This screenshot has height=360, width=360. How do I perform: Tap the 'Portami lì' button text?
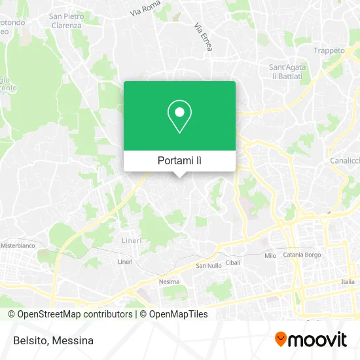(179, 160)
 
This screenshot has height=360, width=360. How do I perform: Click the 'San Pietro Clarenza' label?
(65, 20)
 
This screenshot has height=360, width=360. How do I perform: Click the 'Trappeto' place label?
(329, 50)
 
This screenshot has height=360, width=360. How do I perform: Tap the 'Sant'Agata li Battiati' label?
(289, 71)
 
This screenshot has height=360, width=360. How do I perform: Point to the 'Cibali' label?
(233, 262)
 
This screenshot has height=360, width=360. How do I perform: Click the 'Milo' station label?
(270, 256)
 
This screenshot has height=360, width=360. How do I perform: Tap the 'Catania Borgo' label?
(303, 256)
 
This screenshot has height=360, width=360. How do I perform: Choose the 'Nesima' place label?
(168, 282)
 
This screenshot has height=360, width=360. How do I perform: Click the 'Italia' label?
(347, 282)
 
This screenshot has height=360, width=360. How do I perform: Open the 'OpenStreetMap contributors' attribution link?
(74, 314)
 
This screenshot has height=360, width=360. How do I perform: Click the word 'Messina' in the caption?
(73, 340)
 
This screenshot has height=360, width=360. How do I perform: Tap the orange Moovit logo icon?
(281, 340)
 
